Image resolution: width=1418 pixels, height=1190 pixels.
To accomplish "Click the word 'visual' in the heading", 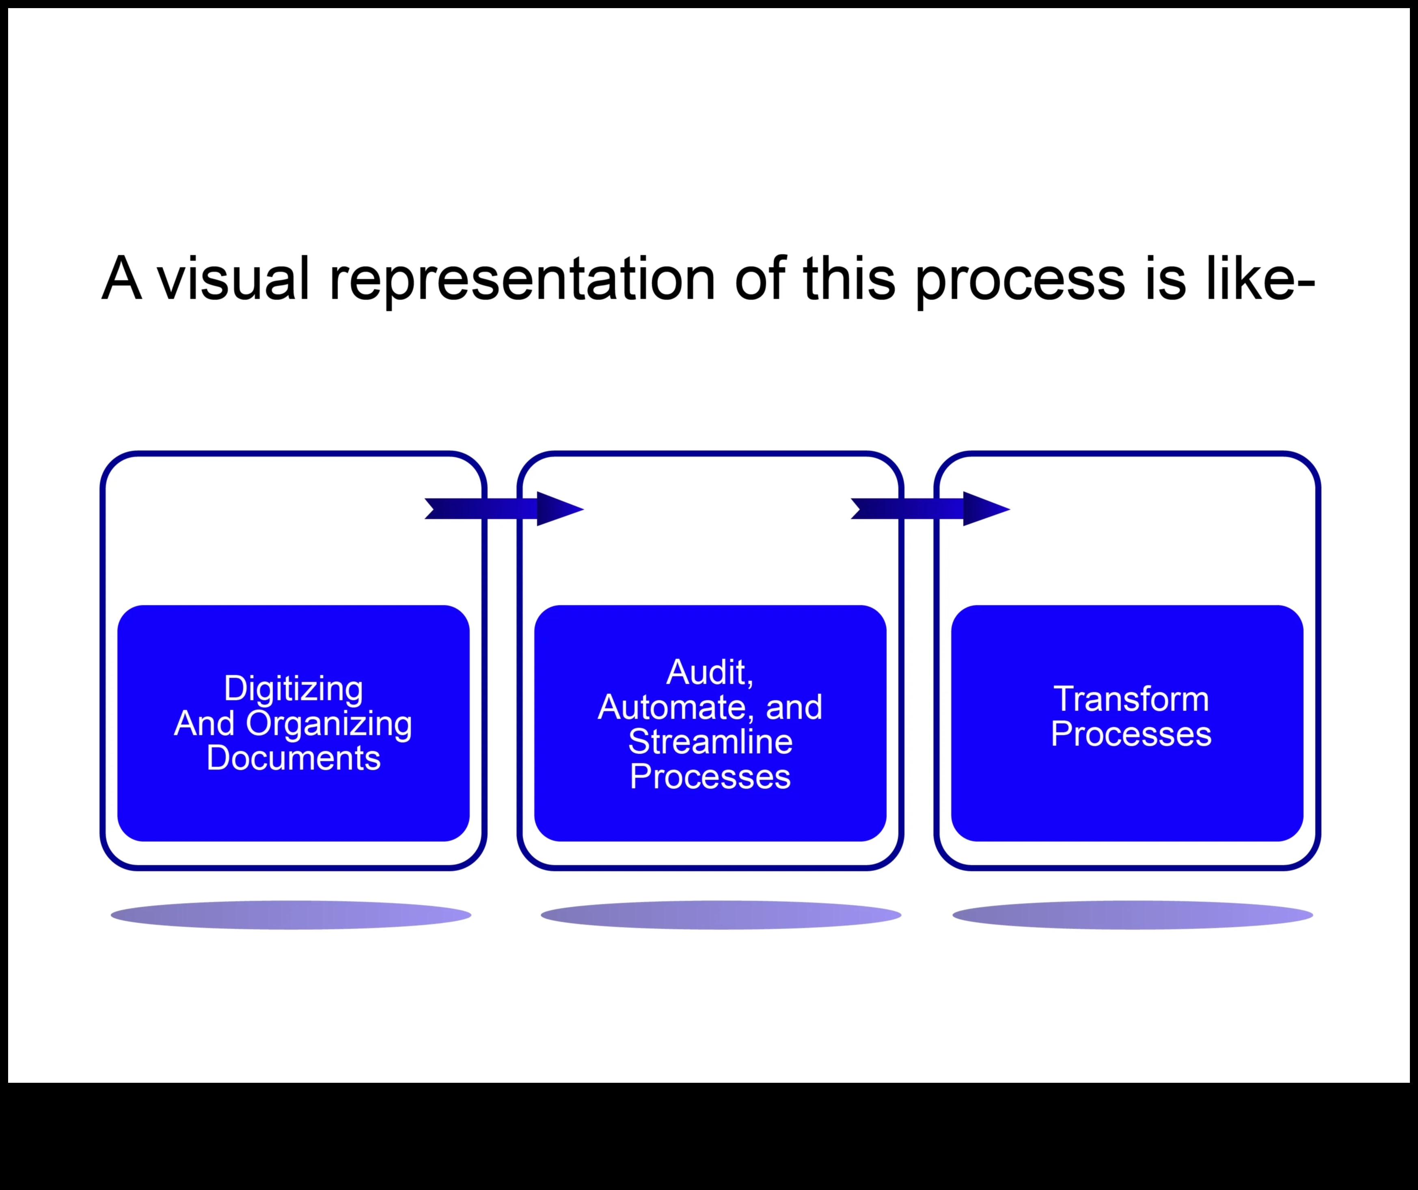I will click(x=233, y=278).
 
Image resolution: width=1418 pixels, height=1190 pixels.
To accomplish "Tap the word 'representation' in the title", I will click(x=521, y=278).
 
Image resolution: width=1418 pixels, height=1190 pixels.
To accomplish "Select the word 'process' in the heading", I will click(x=1020, y=278).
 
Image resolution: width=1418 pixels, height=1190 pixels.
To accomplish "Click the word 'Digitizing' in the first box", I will click(x=293, y=689).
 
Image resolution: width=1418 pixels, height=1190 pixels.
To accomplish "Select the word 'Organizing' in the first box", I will click(x=329, y=723).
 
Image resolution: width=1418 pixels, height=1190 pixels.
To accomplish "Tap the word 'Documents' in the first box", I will click(x=293, y=758).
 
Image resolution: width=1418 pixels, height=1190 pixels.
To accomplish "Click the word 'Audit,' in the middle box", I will click(x=710, y=673).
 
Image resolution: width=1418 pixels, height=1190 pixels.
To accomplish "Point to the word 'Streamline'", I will click(x=710, y=742).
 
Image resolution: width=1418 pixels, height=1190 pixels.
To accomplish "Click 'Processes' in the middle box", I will click(x=710, y=777).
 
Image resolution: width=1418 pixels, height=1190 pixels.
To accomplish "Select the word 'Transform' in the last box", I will click(x=1131, y=699).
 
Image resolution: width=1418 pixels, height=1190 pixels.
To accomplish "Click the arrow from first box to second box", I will click(x=503, y=508).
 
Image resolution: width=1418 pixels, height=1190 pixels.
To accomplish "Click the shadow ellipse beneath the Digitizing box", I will click(x=291, y=915).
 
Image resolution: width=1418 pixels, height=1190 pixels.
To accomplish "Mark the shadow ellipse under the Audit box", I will click(x=721, y=915).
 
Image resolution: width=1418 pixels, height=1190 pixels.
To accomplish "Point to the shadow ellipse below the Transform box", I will click(x=1132, y=915).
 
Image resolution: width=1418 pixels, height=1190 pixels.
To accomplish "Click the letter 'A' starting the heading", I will click(x=121, y=278).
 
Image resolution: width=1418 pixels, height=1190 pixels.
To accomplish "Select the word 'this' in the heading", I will click(x=849, y=278).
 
